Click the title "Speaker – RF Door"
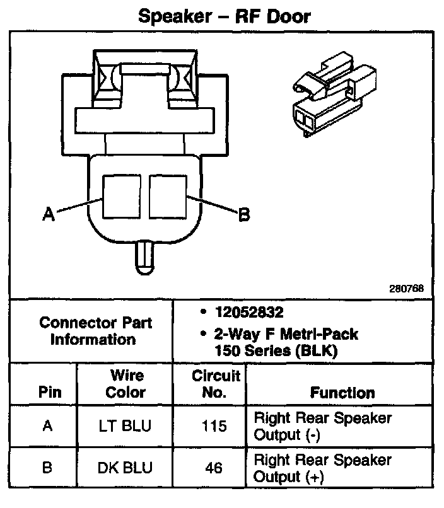[224, 16]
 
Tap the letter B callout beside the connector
[244, 215]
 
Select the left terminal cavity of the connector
[121, 195]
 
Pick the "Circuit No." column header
[216, 384]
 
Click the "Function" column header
[342, 393]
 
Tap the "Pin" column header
[50, 392]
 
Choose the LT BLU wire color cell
[126, 426]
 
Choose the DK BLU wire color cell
[126, 468]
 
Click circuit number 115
[214, 427]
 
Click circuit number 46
[214, 468]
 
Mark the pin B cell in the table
[47, 468]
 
